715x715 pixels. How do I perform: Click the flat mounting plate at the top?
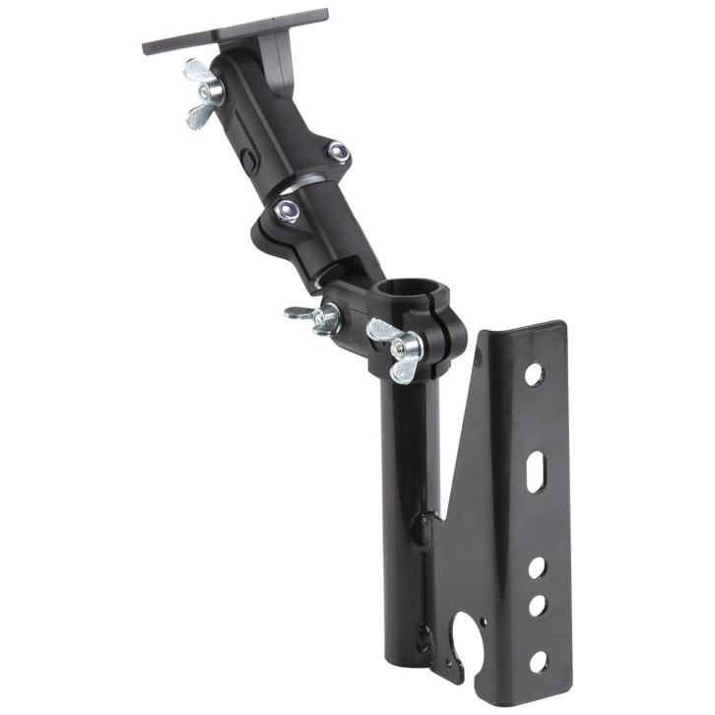click(236, 30)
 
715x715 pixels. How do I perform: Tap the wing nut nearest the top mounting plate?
click(204, 92)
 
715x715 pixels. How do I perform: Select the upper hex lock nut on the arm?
click(338, 151)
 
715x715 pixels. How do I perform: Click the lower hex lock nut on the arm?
click(288, 208)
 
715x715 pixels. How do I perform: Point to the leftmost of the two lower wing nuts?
click(312, 317)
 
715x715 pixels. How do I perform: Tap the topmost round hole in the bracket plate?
click(533, 374)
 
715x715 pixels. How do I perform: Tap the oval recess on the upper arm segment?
click(249, 160)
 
